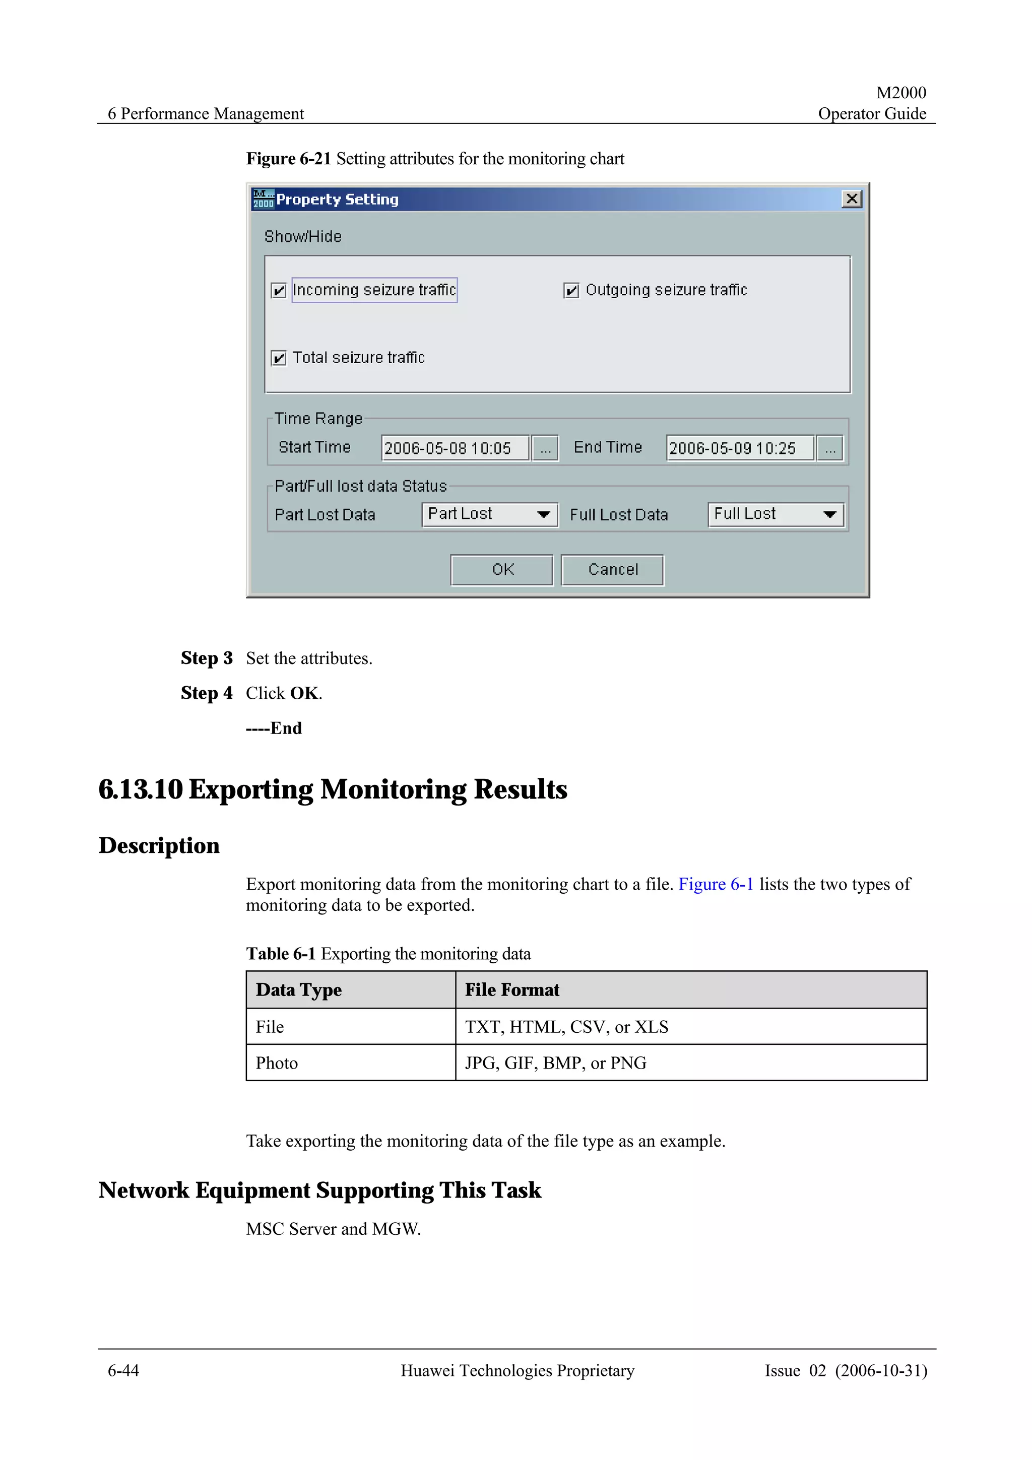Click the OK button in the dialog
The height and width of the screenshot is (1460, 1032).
click(x=502, y=570)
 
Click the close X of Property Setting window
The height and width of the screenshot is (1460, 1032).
click(x=852, y=199)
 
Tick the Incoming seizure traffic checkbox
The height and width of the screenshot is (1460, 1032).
click(x=279, y=291)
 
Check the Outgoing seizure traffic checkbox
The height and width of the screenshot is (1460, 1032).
click(x=571, y=291)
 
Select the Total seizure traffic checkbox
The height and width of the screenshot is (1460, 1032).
click(x=279, y=358)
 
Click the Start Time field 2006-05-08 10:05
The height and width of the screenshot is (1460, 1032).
click(x=455, y=448)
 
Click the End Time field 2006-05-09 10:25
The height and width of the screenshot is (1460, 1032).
click(x=740, y=448)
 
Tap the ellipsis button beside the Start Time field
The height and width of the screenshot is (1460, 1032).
click(x=545, y=448)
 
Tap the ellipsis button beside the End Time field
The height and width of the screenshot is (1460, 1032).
click(x=830, y=448)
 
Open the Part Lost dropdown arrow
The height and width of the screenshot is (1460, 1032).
click(x=544, y=514)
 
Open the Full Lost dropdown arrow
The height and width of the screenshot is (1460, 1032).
click(x=829, y=514)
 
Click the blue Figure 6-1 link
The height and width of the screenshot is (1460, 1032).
click(x=716, y=885)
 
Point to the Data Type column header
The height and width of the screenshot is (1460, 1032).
click(x=299, y=990)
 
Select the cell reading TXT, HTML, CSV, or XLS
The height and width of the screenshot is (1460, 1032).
click(x=566, y=1027)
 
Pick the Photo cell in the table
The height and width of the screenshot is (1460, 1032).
click(x=277, y=1063)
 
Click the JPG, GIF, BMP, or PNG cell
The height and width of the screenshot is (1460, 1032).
click(x=555, y=1063)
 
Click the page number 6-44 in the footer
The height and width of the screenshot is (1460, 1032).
click(x=123, y=1370)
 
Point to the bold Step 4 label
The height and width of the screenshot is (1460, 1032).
click(x=207, y=693)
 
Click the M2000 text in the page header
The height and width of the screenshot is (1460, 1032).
click(x=900, y=93)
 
